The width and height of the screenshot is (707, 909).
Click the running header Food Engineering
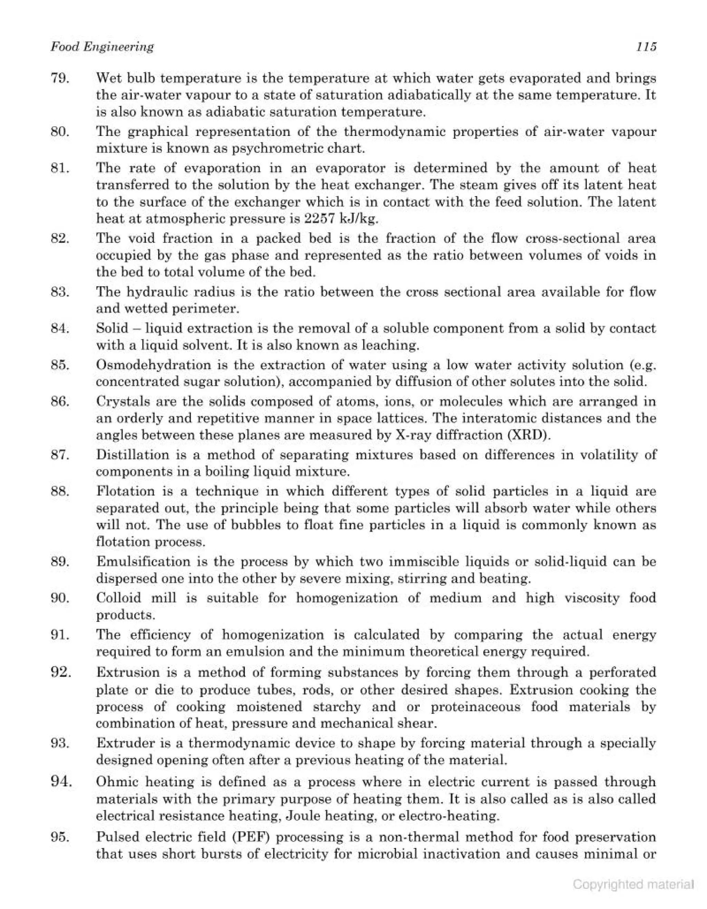pos(102,47)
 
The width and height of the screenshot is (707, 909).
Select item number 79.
pos(59,78)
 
